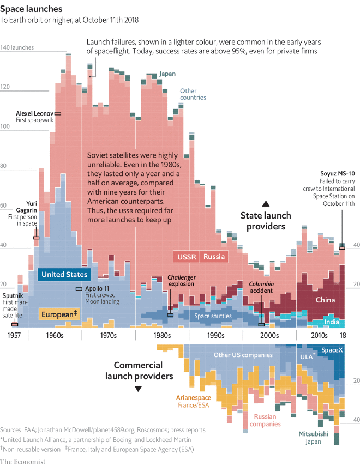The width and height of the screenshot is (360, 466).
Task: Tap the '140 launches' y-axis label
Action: (x=17, y=47)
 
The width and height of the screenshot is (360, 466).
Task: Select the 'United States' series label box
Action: (x=64, y=275)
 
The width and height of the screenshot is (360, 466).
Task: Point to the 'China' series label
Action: (x=325, y=300)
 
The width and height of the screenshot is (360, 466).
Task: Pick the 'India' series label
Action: (x=332, y=322)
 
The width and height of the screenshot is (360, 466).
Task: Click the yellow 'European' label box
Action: (x=59, y=314)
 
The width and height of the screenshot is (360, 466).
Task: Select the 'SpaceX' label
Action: (x=332, y=350)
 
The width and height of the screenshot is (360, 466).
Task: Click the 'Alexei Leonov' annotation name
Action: (x=34, y=113)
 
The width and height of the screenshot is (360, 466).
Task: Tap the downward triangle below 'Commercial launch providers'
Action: (x=139, y=389)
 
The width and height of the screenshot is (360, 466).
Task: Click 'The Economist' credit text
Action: (x=26, y=461)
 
